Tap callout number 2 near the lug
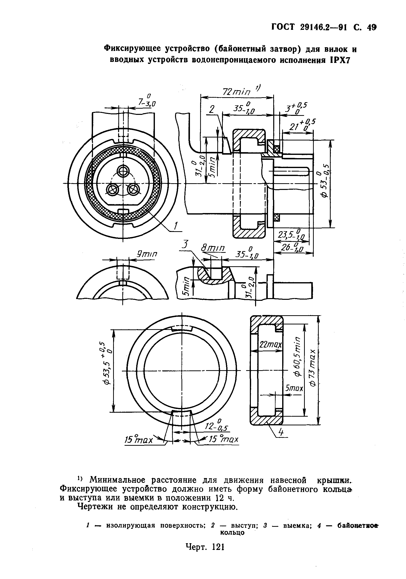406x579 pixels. click(x=212, y=109)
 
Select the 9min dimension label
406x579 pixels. click(x=146, y=254)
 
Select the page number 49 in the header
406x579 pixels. click(x=371, y=27)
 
